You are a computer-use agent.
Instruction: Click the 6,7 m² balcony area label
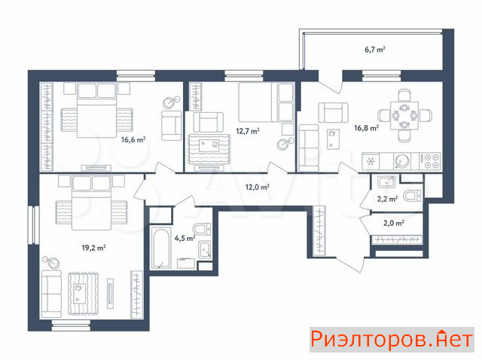375,49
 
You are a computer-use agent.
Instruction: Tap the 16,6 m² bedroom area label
133,140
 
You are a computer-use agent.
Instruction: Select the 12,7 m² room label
248,131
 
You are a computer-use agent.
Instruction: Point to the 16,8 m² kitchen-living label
366,128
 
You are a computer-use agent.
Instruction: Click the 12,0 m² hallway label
258,187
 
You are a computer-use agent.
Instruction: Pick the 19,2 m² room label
93,248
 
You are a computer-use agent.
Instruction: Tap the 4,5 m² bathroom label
185,238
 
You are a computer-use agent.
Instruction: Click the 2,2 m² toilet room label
387,199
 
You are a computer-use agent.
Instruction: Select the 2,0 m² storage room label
393,223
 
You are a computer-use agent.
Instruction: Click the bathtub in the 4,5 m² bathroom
160,248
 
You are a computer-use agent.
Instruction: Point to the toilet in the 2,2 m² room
412,196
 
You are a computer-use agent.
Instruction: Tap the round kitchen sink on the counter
401,161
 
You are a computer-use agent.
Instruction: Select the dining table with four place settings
404,115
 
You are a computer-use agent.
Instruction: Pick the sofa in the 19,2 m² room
51,294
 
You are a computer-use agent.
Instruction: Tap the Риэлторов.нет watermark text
392,340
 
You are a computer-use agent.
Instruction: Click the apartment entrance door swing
351,264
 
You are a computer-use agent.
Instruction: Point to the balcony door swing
331,82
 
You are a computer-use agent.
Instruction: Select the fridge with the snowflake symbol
371,161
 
